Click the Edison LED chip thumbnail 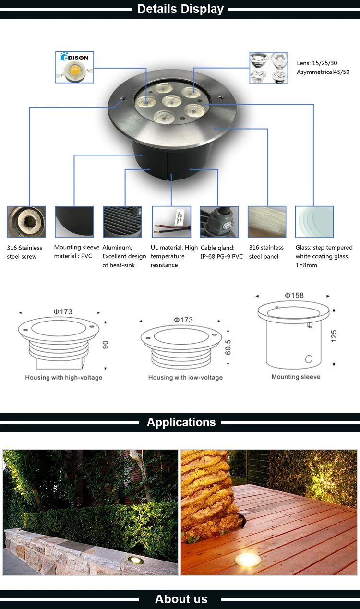tap(74, 67)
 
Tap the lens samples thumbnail tap(269, 68)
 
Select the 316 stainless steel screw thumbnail tap(26, 222)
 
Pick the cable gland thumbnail tap(219, 222)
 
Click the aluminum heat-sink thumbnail tap(122, 222)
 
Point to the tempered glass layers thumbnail tap(314, 222)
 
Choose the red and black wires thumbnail tap(171, 222)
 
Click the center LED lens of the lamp tap(171, 101)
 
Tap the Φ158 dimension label tap(294, 295)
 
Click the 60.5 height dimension tap(228, 347)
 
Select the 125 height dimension tap(334, 336)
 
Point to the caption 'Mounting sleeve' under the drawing tap(296, 377)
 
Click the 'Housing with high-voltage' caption tap(64, 377)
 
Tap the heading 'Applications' tap(181, 422)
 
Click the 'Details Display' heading tap(180, 9)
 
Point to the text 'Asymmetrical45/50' tap(323, 72)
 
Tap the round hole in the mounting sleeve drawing tap(309, 359)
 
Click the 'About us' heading tap(181, 599)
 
